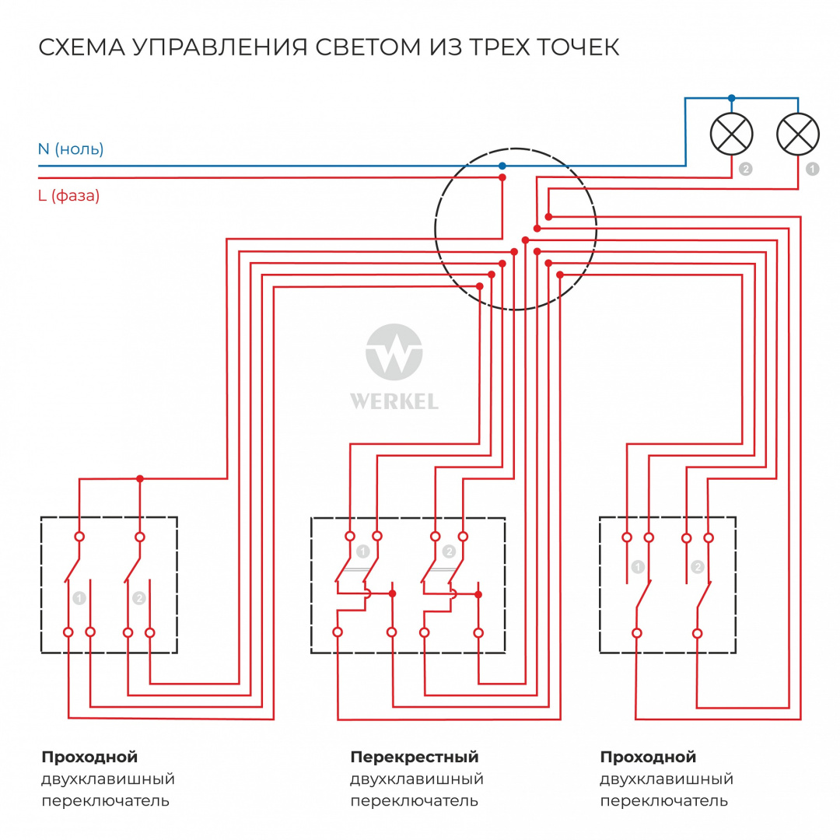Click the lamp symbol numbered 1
[798, 133]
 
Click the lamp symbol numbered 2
[732, 133]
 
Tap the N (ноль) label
[71, 149]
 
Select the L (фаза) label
[68, 196]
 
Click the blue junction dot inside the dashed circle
[502, 166]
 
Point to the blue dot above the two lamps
[731, 99]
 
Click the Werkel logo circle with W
[394, 354]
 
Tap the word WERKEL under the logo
[394, 402]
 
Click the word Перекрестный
[414, 757]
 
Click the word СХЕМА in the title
[81, 47]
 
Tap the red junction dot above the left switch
[140, 478]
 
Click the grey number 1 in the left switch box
[79, 598]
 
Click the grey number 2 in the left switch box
[138, 598]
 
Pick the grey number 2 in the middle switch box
[449, 551]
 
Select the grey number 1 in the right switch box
[638, 567]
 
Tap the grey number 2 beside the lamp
[746, 168]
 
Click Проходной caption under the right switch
[648, 757]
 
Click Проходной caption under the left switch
[89, 757]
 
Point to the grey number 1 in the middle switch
[363, 551]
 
